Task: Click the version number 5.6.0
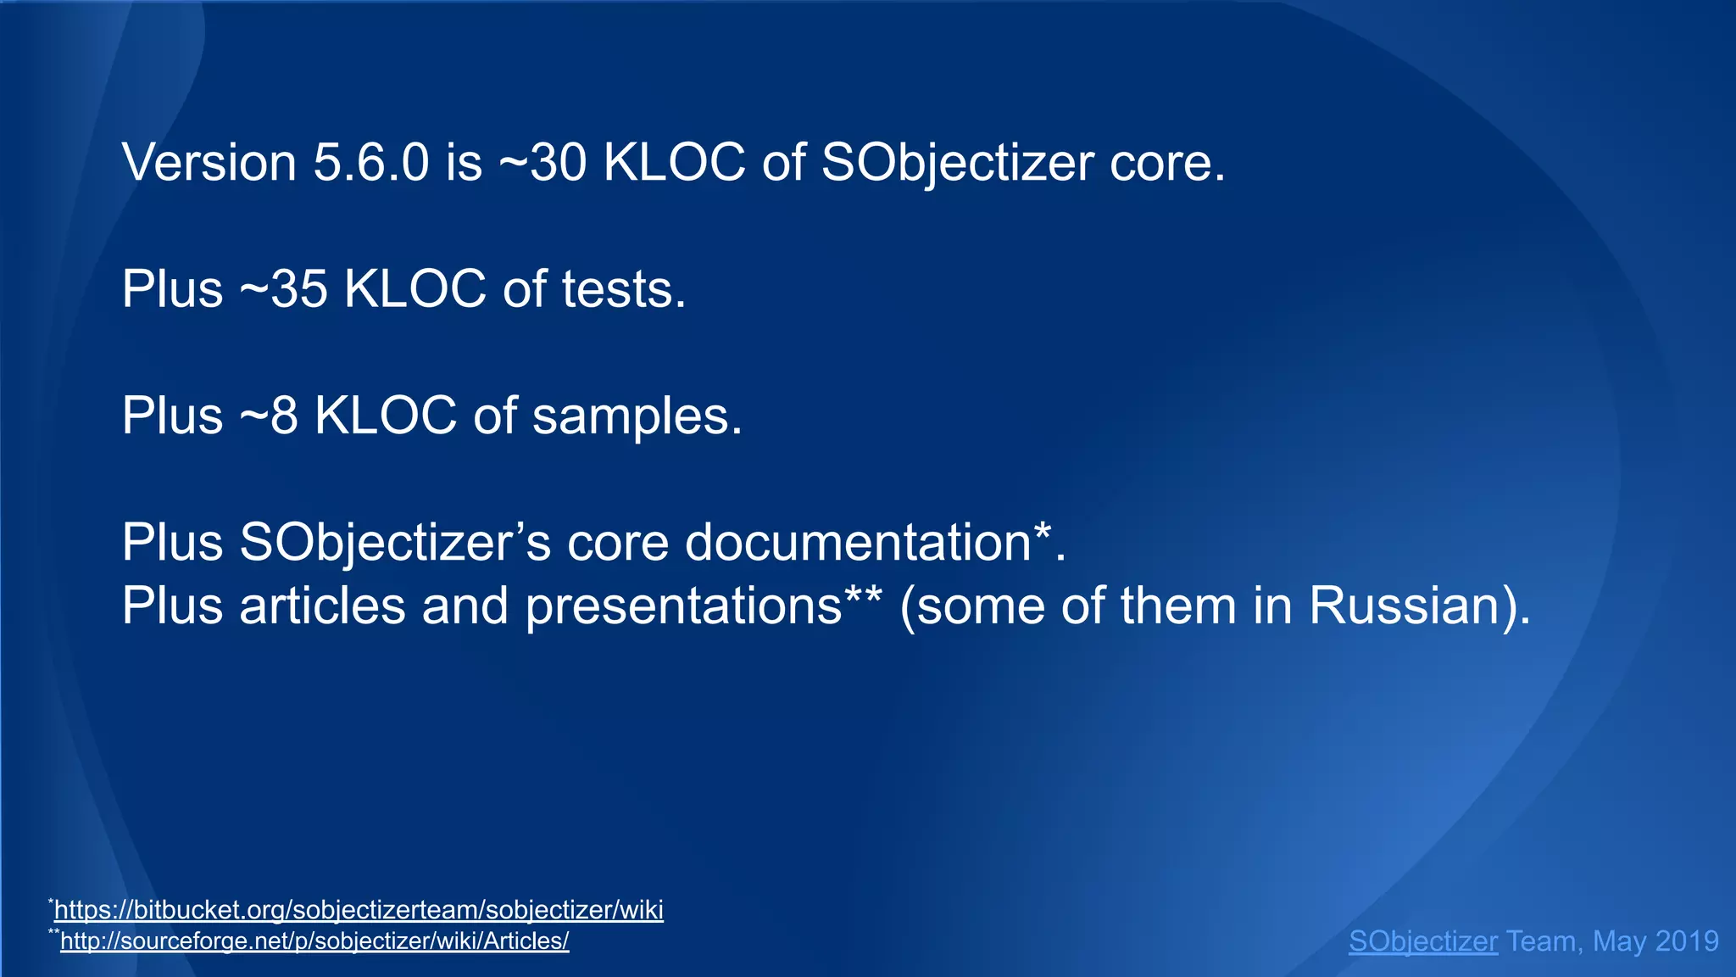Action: (371, 162)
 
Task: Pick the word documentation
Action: (857, 542)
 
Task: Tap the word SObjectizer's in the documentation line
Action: (395, 542)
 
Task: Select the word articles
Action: (322, 606)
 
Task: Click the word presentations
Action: (683, 606)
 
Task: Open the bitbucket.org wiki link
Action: (359, 910)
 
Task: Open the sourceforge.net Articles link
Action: (314, 941)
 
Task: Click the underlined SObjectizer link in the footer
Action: (1422, 941)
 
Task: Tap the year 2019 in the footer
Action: (1686, 941)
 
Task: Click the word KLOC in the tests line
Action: (415, 289)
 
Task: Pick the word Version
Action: (209, 162)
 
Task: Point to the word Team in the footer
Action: (1541, 941)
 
